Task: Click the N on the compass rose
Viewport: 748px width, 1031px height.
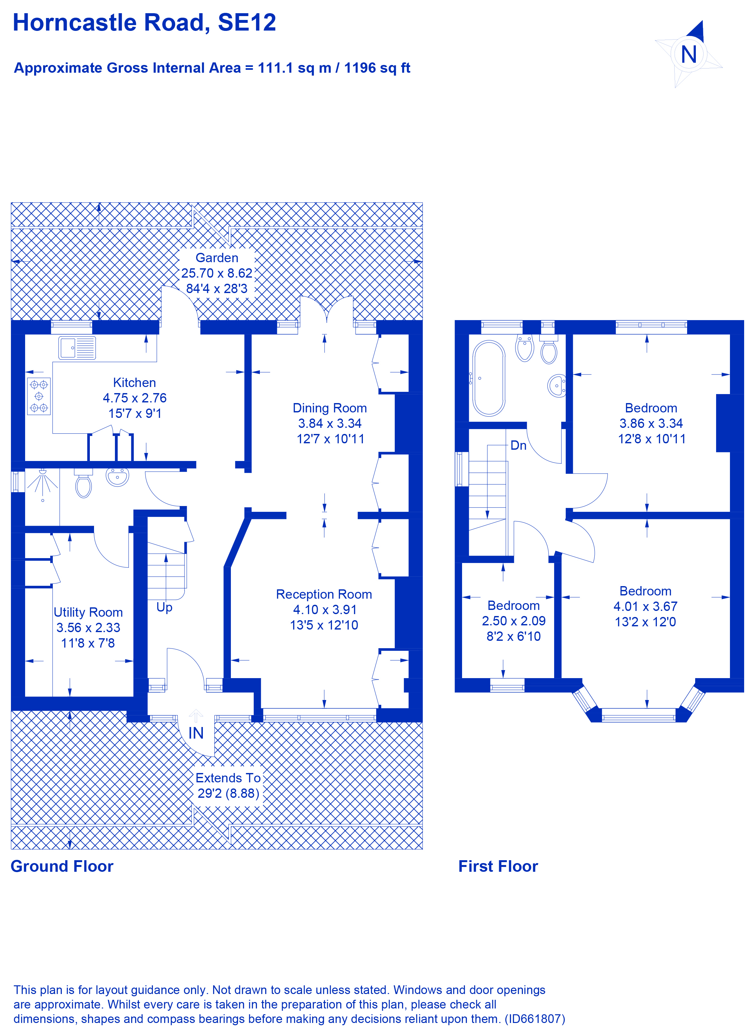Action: [x=688, y=55]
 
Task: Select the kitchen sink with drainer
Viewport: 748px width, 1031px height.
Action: [x=77, y=348]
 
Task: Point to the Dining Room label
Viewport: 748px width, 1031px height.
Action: [x=329, y=408]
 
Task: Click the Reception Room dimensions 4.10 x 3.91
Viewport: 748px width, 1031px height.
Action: [x=324, y=610]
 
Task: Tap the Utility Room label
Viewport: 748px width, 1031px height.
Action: [x=88, y=612]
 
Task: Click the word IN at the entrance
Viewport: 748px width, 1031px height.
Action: [x=196, y=733]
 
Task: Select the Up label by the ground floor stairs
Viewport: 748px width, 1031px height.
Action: [x=164, y=607]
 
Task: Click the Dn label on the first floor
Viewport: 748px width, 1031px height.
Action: [x=518, y=446]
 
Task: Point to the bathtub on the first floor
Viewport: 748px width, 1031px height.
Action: [x=489, y=378]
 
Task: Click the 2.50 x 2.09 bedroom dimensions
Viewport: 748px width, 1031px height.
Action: [x=514, y=621]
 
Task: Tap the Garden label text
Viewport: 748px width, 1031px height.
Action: [x=217, y=258]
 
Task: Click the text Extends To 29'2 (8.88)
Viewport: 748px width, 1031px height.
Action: [x=228, y=786]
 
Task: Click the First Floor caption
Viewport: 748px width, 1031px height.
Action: [x=498, y=866]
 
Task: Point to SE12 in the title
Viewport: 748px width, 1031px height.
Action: [x=247, y=23]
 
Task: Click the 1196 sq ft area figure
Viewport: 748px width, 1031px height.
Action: [x=377, y=68]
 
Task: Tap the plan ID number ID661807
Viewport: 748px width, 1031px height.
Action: [x=535, y=1019]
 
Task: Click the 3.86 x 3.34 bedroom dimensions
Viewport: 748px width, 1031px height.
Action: [x=651, y=423]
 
